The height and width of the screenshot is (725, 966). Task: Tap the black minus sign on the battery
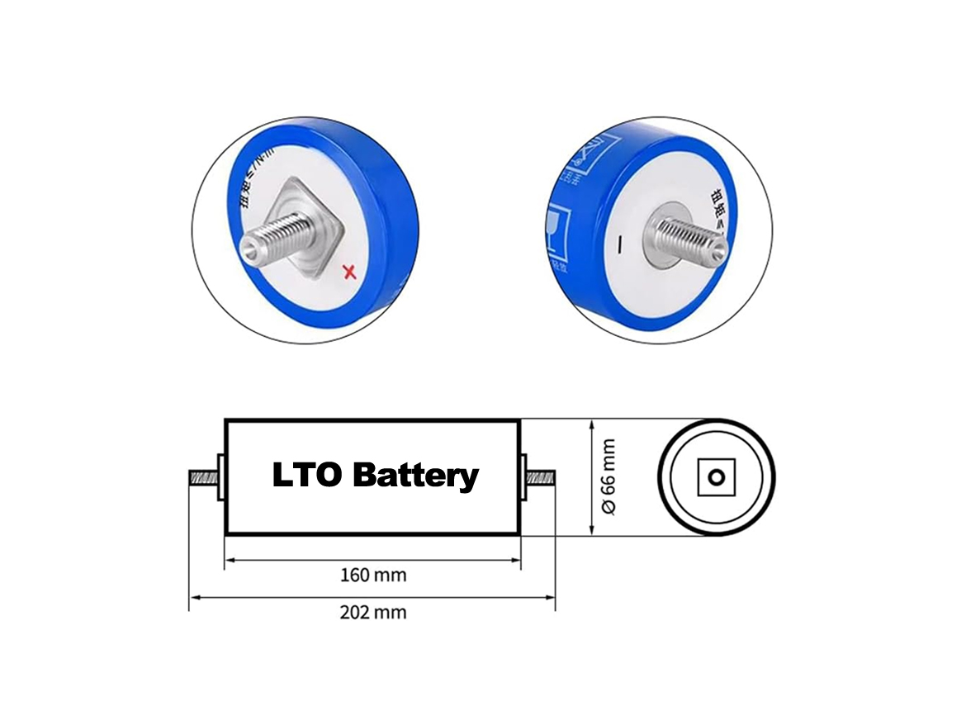(619, 245)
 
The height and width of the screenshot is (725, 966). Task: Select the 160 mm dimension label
(373, 575)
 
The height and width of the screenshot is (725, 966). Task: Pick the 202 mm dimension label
(373, 613)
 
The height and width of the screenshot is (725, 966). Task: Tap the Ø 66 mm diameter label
(608, 477)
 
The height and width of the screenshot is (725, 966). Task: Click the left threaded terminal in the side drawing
(203, 477)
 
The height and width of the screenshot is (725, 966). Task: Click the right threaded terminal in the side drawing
(542, 477)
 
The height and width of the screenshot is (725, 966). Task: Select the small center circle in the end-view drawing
(717, 477)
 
